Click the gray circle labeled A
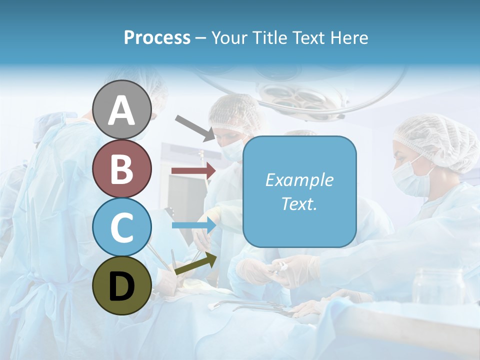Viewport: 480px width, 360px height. point(122,109)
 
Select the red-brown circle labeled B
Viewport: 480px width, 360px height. point(122,168)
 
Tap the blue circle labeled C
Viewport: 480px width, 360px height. point(122,227)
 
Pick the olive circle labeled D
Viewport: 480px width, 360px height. point(122,285)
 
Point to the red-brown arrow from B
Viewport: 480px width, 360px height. point(193,170)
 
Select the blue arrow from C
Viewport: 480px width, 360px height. point(193,225)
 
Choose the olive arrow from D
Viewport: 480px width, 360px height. point(195,263)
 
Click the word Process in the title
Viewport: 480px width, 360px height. point(157,37)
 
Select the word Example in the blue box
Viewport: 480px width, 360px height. point(299,180)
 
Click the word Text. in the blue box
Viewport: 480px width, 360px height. point(299,203)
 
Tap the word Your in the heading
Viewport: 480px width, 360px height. point(228,37)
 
